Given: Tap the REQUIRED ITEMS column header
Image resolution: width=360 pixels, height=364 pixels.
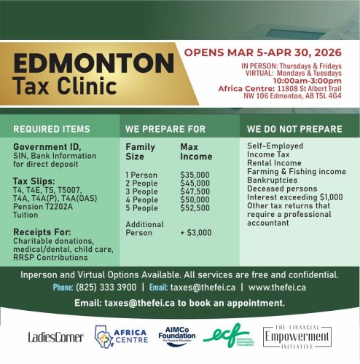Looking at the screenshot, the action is tap(51, 129).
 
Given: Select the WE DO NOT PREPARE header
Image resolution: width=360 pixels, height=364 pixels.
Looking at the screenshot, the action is tap(294, 129).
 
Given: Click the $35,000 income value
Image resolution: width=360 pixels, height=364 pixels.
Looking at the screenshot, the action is tap(195, 175).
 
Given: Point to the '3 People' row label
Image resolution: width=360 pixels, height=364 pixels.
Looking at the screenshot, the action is tap(143, 191).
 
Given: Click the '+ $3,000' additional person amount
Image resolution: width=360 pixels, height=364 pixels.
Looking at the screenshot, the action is tap(195, 233).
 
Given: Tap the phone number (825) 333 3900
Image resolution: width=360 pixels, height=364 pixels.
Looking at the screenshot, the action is tap(105, 288).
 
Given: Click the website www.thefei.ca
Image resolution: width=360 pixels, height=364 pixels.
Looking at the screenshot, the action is tap(278, 288).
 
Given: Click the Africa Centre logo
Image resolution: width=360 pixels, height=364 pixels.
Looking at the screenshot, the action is tap(120, 336).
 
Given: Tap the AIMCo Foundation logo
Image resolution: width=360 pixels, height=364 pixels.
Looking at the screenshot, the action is tap(174, 334).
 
